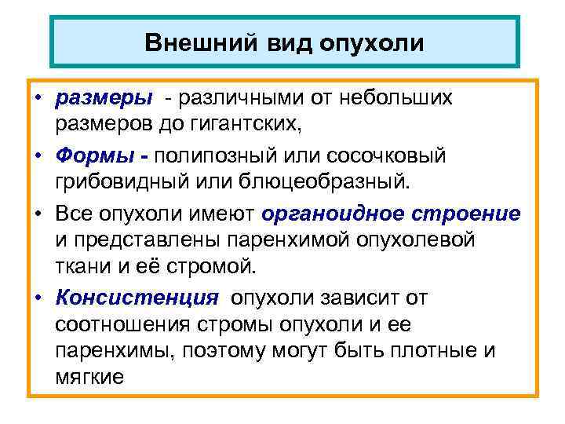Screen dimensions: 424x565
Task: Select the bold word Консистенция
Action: (136, 298)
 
